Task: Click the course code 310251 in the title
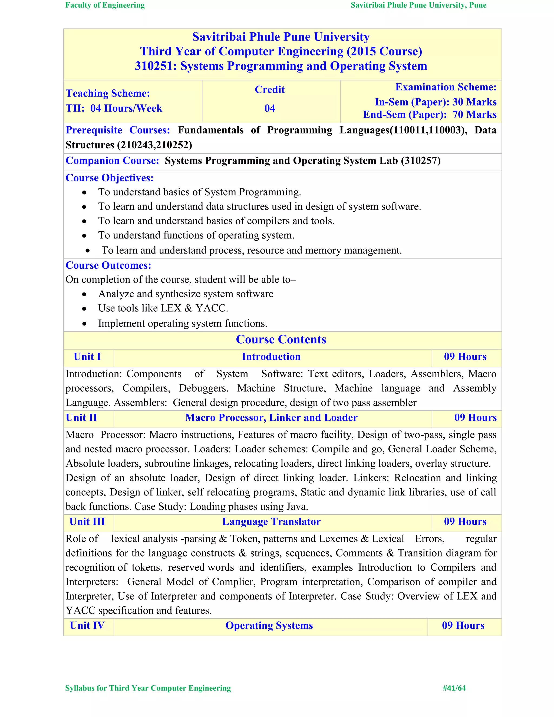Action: (x=156, y=66)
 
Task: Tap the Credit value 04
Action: (x=269, y=108)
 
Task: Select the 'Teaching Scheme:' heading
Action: (x=108, y=93)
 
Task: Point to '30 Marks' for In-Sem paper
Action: (x=474, y=102)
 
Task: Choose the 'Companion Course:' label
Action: (x=112, y=160)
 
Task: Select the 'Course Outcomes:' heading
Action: (x=108, y=265)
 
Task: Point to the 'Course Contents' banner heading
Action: (x=281, y=340)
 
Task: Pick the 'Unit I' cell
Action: (x=87, y=357)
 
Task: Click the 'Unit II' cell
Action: (x=81, y=417)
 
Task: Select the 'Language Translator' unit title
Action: (x=271, y=522)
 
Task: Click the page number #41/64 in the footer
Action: (x=454, y=688)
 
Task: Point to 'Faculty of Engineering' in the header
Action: (x=105, y=5)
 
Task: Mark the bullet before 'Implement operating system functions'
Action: (x=84, y=324)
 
